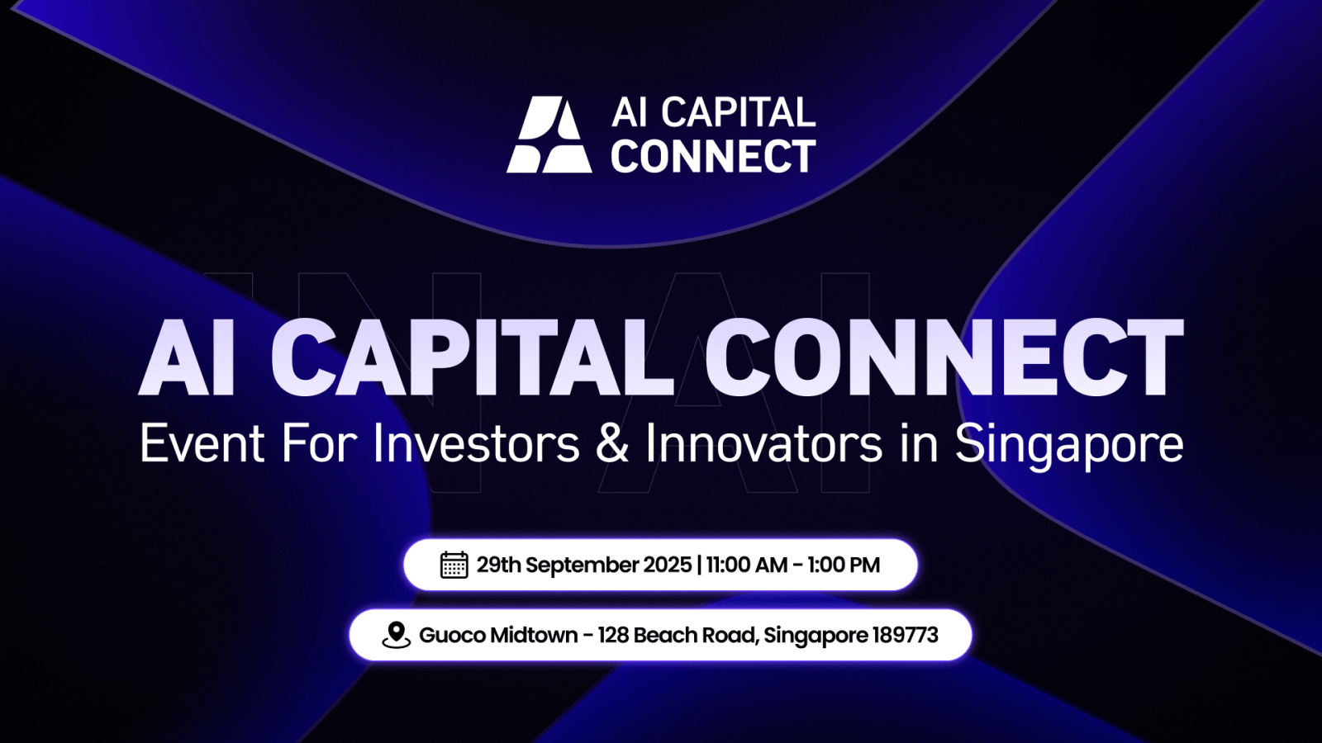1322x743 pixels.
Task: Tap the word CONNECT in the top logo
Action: pyautogui.click(x=713, y=156)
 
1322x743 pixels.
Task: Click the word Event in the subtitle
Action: pyautogui.click(x=202, y=443)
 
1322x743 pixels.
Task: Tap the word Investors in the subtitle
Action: pyautogui.click(x=476, y=443)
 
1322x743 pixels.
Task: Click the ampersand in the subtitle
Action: pyautogui.click(x=612, y=443)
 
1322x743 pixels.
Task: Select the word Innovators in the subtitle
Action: pyautogui.click(x=763, y=443)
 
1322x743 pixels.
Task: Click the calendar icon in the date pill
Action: pyautogui.click(x=454, y=565)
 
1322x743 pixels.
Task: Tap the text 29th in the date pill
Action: pyautogui.click(x=498, y=565)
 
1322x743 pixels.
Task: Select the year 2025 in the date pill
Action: pyautogui.click(x=667, y=565)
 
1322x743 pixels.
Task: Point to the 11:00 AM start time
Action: pyautogui.click(x=746, y=565)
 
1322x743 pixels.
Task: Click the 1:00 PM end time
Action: pyautogui.click(x=844, y=565)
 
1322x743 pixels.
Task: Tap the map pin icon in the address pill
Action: pyautogui.click(x=397, y=635)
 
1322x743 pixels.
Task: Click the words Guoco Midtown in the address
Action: pyautogui.click(x=498, y=635)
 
